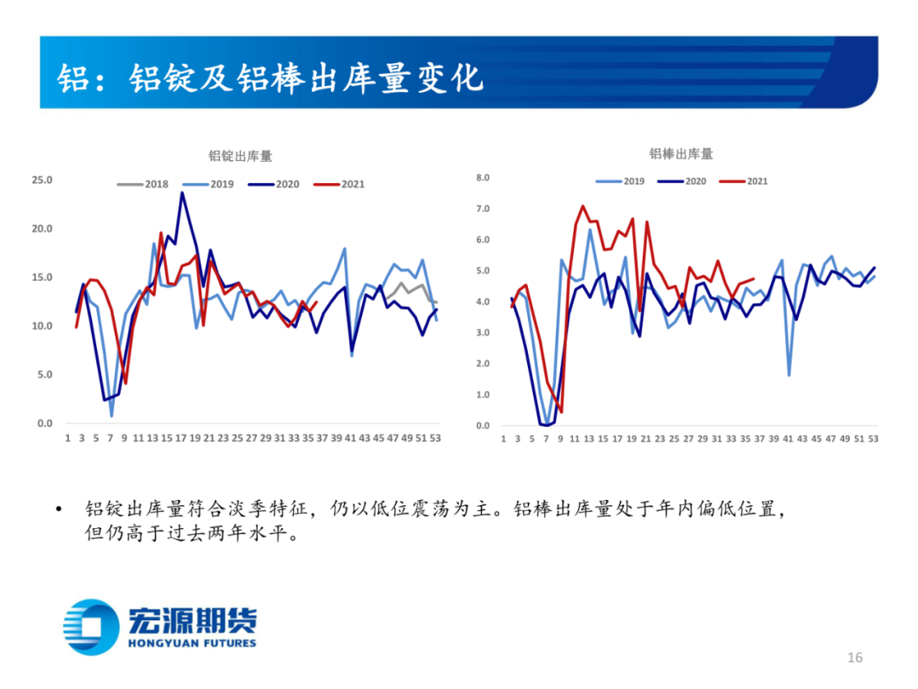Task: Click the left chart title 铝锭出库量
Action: pos(241,157)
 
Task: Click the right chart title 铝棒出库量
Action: pos(681,154)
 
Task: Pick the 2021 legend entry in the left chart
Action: pos(340,184)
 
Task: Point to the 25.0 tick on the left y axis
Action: pos(42,180)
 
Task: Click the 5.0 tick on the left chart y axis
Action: pos(44,374)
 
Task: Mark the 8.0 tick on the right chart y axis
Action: pos(484,178)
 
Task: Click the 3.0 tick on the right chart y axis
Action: pos(484,333)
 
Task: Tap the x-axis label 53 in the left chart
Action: pos(436,438)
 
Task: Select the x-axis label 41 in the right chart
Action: pos(788,440)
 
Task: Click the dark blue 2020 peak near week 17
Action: pos(182,193)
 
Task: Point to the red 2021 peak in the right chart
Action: pos(582,206)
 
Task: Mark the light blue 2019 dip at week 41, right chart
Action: pos(789,375)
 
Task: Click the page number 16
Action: pos(854,658)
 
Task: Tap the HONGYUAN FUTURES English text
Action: pos(192,643)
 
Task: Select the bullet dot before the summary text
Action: pos(58,510)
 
